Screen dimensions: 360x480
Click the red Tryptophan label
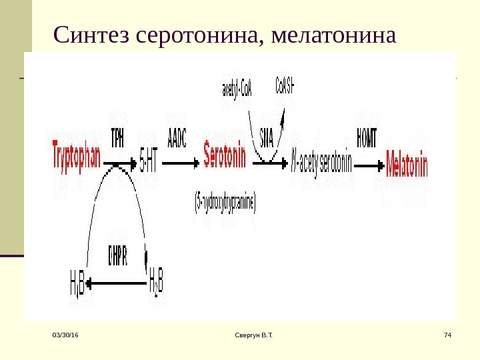[x=76, y=159]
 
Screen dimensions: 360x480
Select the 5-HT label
[x=149, y=160]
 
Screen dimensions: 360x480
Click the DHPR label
[x=117, y=254]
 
